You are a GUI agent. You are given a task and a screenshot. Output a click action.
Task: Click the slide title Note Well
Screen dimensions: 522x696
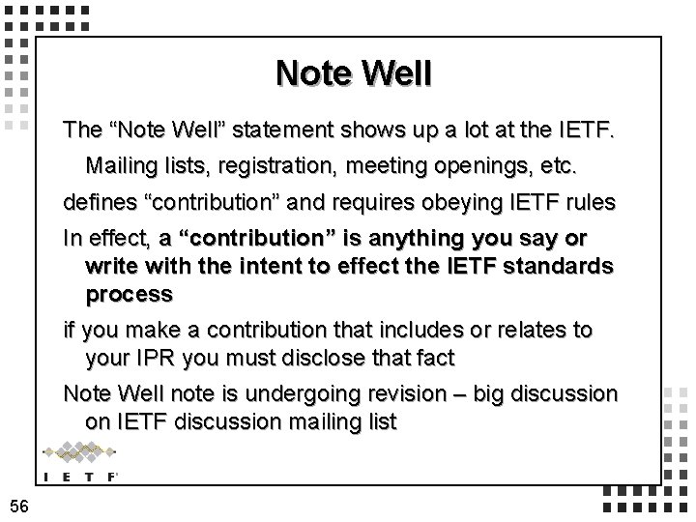[x=353, y=72]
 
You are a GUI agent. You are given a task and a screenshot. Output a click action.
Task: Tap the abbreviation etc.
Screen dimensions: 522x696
[x=558, y=165]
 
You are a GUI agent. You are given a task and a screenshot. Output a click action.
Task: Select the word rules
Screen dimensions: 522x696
[x=588, y=204]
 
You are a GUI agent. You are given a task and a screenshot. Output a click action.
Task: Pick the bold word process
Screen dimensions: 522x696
[x=129, y=293]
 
